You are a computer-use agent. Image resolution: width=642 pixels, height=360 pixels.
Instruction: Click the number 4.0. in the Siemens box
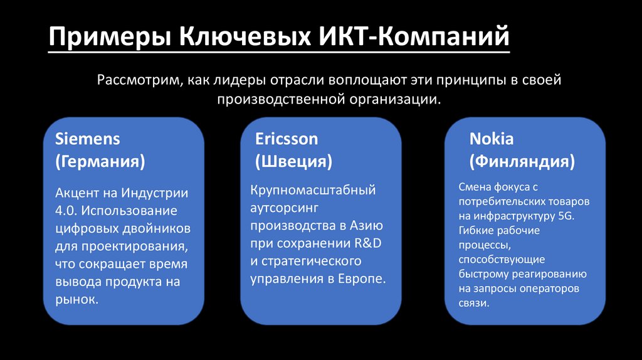(x=66, y=210)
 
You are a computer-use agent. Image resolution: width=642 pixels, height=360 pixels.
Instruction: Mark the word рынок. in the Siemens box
(x=76, y=300)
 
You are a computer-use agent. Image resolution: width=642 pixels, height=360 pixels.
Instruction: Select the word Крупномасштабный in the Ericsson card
(x=313, y=189)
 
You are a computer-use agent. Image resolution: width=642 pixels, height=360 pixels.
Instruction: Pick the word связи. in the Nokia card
(x=474, y=303)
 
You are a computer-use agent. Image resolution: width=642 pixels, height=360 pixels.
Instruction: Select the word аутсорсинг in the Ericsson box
(x=285, y=207)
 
